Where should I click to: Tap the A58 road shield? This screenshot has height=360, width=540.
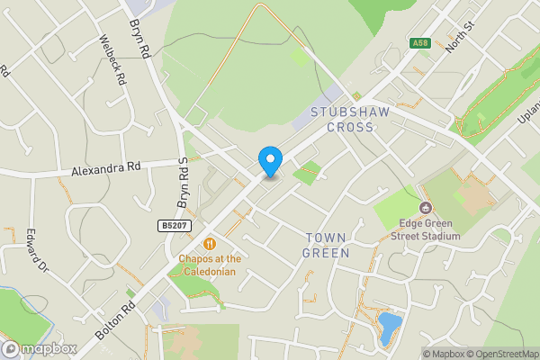click(419, 42)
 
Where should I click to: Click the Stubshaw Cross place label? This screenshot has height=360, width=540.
click(342, 120)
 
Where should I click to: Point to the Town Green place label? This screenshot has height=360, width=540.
click(326, 245)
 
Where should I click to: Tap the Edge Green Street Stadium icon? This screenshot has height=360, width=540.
click(425, 220)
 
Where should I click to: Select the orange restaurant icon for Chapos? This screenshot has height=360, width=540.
click(210, 243)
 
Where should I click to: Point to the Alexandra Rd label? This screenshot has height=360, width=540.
click(108, 167)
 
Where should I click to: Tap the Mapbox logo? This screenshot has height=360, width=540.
click(39, 348)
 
